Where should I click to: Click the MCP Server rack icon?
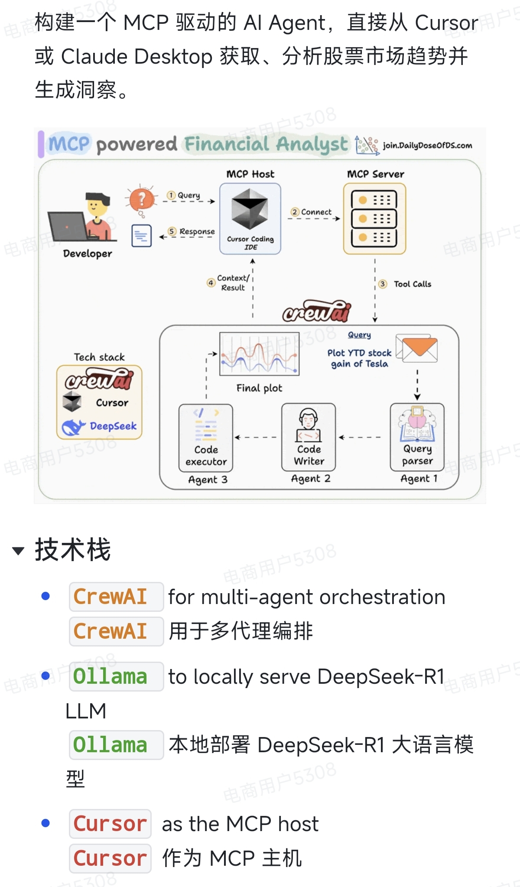click(374, 218)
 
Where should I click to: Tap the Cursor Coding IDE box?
click(250, 218)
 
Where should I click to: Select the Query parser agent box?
click(417, 437)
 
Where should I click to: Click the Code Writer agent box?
click(309, 437)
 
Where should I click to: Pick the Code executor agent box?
click(206, 438)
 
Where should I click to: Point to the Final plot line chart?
click(259, 354)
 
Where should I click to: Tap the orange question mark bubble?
click(141, 199)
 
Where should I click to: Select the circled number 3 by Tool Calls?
click(382, 284)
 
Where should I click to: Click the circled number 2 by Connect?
click(295, 212)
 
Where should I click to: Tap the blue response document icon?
click(141, 236)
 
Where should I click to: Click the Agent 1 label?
click(419, 478)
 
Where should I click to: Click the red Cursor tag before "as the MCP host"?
click(110, 823)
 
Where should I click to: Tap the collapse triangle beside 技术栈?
click(18, 551)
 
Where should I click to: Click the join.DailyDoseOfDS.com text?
click(427, 146)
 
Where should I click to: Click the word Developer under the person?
click(88, 253)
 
